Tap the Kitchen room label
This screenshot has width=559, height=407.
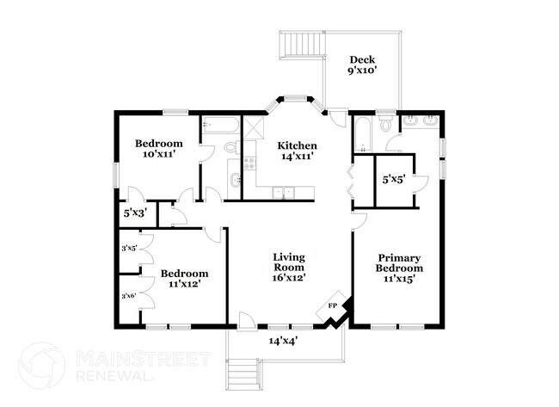[297, 151]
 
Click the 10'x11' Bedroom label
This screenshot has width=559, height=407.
[159, 149]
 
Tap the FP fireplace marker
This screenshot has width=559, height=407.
[333, 306]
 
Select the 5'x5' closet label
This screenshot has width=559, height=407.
[394, 180]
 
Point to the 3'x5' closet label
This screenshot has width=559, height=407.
[129, 249]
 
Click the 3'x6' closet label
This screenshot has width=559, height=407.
[129, 296]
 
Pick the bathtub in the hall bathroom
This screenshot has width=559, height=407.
[220, 126]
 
